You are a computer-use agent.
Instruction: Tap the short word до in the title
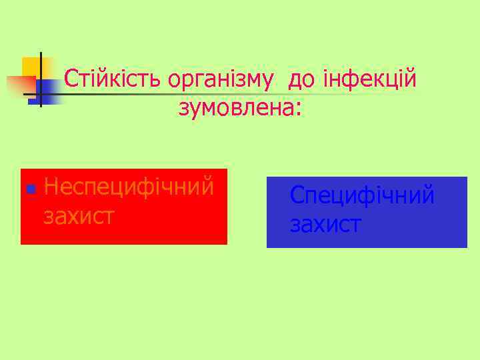click(299, 80)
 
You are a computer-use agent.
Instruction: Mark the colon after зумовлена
click(298, 109)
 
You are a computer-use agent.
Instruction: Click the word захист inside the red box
click(79, 216)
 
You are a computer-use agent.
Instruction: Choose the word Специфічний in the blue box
click(363, 197)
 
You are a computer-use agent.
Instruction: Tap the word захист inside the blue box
click(325, 225)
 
